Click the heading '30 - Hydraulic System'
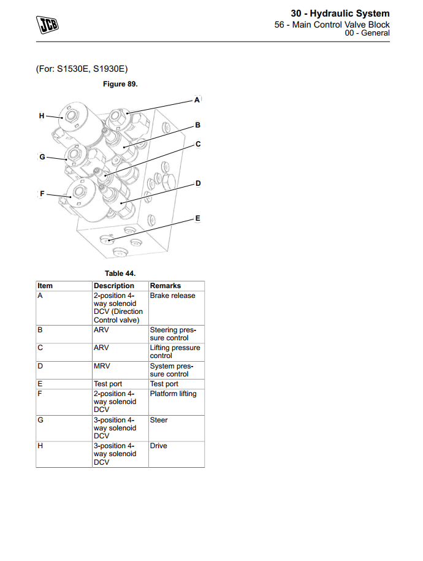pos(340,13)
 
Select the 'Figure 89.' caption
pos(120,84)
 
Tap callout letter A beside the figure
pos(197,99)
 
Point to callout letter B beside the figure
pos(197,124)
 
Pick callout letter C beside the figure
pos(198,144)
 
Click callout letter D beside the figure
pos(198,183)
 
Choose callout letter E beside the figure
pos(197,218)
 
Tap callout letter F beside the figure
pos(42,194)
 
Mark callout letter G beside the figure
pos(42,157)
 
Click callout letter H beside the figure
pos(42,115)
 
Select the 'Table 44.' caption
pos(120,273)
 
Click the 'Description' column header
pos(113,286)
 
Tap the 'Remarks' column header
pos(165,286)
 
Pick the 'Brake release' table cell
pos(173,296)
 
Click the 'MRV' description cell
pos(102,366)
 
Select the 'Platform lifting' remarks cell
pos(173,394)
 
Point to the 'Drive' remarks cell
pos(159,446)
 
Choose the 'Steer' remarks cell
pos(159,420)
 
